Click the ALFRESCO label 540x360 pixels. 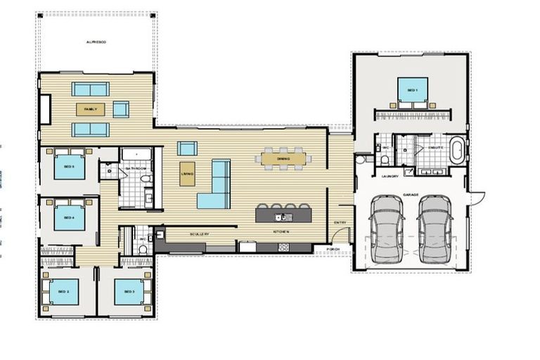pyautogui.click(x=96, y=42)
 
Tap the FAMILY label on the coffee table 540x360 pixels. pyautogui.click(x=90, y=109)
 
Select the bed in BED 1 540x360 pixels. pyautogui.click(x=412, y=91)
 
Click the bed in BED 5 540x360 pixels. pyautogui.click(x=69, y=167)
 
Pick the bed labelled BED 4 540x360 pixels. pyautogui.click(x=69, y=217)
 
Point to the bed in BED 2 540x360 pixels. pyautogui.click(x=63, y=291)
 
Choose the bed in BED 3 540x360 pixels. pyautogui.click(x=129, y=291)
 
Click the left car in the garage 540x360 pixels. pyautogui.click(x=385, y=228)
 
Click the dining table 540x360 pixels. pyautogui.click(x=284, y=159)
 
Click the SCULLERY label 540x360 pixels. pyautogui.click(x=200, y=232)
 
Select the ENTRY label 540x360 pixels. pyautogui.click(x=341, y=223)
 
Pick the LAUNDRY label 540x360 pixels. pyautogui.click(x=391, y=176)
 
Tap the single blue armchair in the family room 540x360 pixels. pyautogui.click(x=121, y=109)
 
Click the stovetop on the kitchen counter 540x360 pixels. pyautogui.click(x=284, y=247)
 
